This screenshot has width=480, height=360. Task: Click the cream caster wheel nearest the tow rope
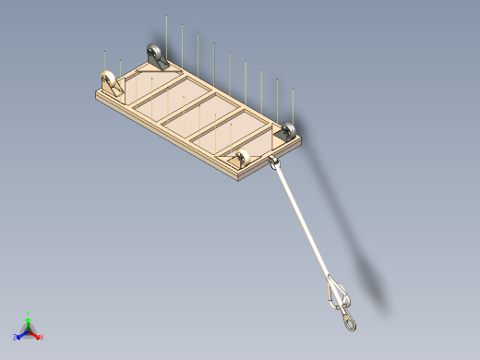pos(244,158)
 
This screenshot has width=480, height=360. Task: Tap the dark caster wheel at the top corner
pos(153,54)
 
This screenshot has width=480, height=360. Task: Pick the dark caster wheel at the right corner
pos(289,131)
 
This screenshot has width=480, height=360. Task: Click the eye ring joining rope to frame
pos(274,164)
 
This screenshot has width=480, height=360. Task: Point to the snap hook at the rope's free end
pos(349,318)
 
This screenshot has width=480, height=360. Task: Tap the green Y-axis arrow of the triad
pos(28,319)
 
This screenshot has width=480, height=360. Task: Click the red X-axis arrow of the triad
pos(36,335)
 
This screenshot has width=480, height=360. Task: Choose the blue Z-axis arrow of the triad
pos(20,334)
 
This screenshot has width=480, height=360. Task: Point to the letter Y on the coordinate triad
pos(28,313)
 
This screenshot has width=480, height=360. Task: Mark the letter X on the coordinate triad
pos(42,337)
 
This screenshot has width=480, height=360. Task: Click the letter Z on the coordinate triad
pos(16,337)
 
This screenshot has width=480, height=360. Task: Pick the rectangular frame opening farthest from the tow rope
pos(152,88)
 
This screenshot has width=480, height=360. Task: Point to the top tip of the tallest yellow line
pos(166,17)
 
